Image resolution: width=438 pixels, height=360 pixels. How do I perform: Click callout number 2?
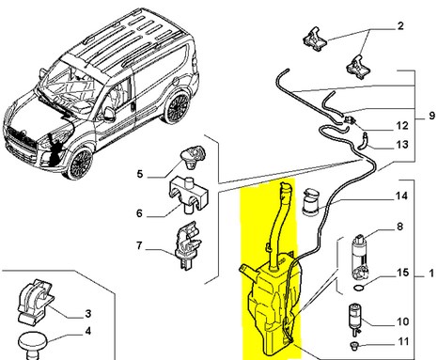[400, 26]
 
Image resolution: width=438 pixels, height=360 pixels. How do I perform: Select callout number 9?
[432, 116]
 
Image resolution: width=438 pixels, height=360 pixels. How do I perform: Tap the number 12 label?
[402, 126]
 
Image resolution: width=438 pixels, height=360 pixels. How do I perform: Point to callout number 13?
[402, 145]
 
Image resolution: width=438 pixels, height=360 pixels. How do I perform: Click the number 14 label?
[401, 196]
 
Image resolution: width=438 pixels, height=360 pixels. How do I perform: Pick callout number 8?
[399, 227]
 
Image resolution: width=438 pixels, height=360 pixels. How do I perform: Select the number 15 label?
[402, 273]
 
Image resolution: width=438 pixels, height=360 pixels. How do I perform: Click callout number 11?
[403, 341]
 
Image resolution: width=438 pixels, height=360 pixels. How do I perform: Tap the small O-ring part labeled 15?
[359, 288]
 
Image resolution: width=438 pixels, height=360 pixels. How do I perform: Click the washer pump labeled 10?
[355, 317]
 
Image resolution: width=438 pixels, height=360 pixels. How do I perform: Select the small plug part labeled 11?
[353, 345]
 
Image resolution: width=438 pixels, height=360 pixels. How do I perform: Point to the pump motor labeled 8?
[361, 257]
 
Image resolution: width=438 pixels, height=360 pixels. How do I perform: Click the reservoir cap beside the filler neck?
[311, 202]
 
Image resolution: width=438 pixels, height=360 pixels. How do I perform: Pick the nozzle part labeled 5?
[193, 155]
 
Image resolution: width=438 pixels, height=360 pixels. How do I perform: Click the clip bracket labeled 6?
[188, 195]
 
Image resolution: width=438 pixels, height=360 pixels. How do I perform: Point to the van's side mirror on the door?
[109, 115]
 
